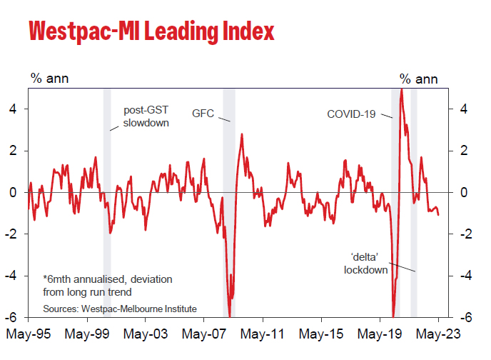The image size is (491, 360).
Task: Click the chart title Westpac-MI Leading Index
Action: coord(151,31)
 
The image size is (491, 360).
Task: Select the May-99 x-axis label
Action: coord(86,334)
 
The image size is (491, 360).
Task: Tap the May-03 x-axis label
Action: coord(146,334)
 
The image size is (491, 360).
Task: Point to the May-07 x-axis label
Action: coord(204,334)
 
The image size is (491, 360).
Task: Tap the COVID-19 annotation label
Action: coord(350,114)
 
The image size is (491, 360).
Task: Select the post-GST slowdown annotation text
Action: coord(146,116)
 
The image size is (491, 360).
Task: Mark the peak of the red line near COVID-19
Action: coord(402,89)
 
